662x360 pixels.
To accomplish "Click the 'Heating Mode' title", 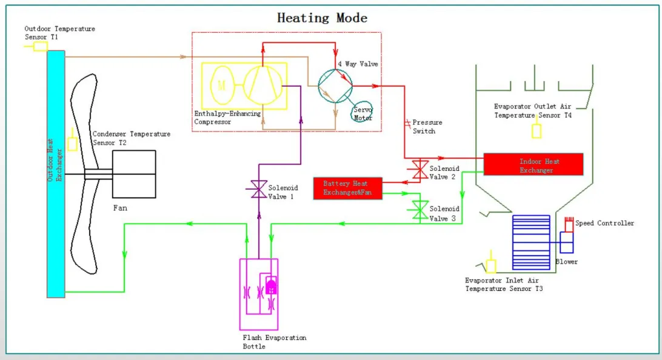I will (322, 17).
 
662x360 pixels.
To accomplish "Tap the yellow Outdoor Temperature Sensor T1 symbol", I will (40, 45).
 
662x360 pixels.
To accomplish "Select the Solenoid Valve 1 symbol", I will (258, 190).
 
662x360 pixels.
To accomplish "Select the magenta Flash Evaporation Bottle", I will (259, 294).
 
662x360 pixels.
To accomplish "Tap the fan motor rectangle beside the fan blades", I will (134, 174).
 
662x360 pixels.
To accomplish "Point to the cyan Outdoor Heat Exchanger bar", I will (56, 173).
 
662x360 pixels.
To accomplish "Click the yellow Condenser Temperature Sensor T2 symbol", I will (73, 144).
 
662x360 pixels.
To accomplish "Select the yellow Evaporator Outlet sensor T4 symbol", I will (536, 130).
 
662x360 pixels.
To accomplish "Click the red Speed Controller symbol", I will (568, 224).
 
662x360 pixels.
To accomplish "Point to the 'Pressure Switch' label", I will (424, 127).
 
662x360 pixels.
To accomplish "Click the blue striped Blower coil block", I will (530, 242).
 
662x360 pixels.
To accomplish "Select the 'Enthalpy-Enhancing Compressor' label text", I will (227, 118).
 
